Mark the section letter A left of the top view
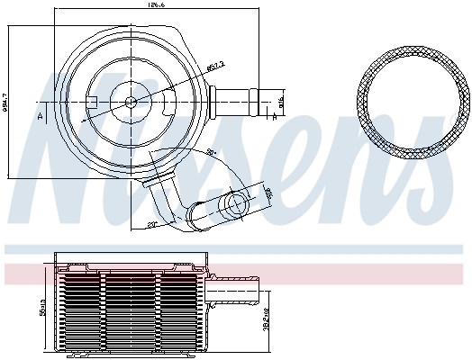click(39, 114)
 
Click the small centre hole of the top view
click(131, 101)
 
